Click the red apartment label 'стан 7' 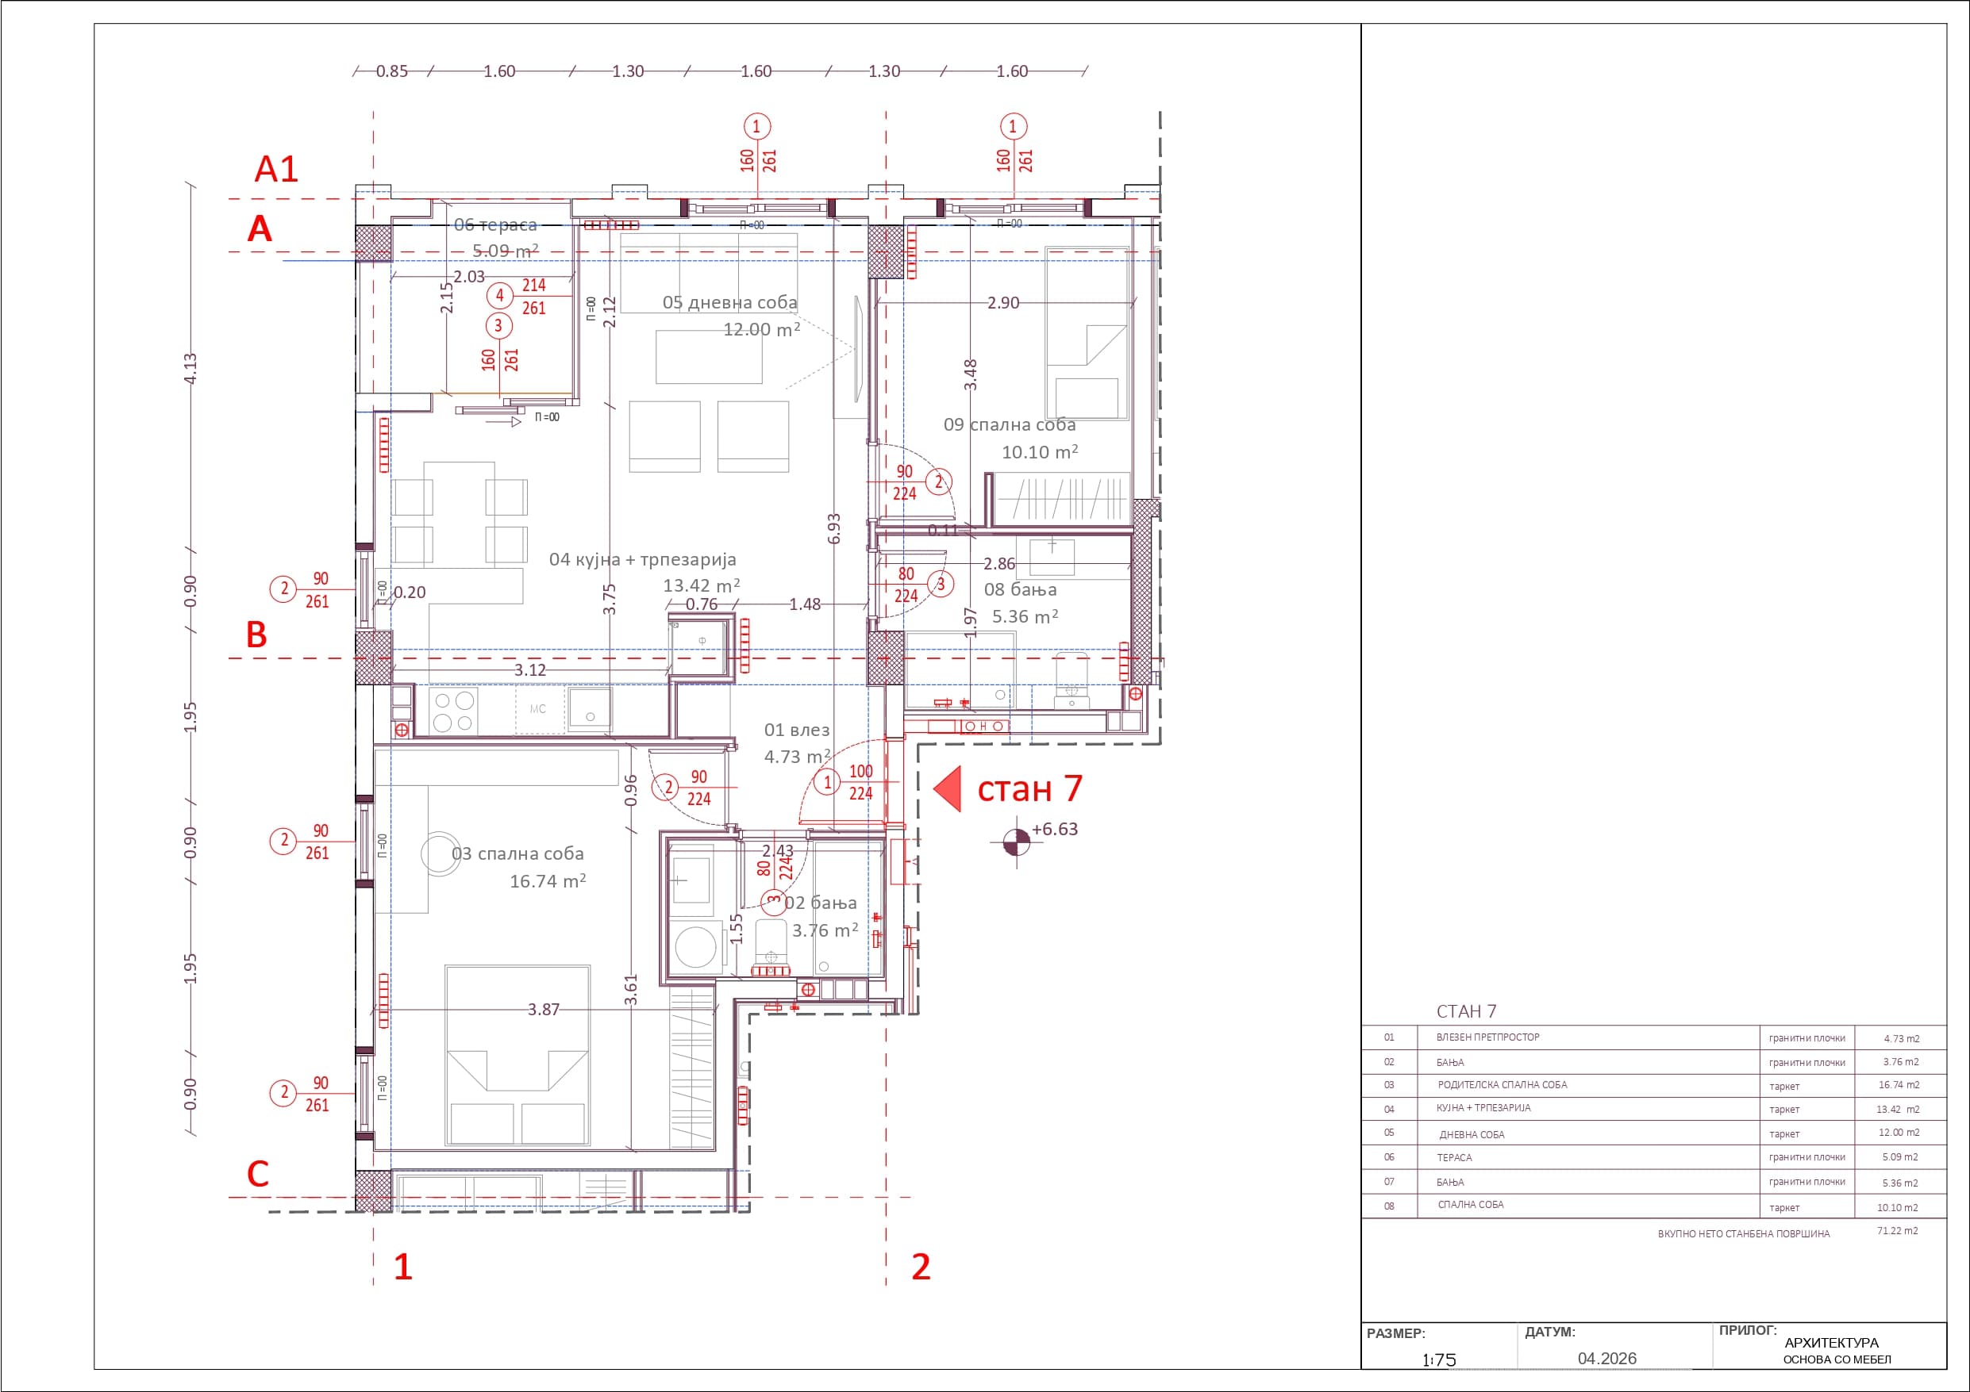coord(1029,788)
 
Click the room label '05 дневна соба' coord(729,302)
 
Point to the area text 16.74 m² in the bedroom coord(548,881)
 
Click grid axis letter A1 coord(276,169)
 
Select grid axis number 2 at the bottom coord(921,1266)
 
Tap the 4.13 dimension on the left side coord(190,368)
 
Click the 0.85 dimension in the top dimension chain coord(392,71)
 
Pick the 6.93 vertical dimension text coord(834,528)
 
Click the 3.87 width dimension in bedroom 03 coord(543,1010)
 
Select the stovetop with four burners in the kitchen coord(454,711)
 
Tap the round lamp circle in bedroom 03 coord(441,853)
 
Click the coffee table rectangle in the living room coord(709,356)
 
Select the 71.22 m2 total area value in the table coord(1897,1230)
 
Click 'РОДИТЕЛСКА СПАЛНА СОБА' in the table coord(1503,1085)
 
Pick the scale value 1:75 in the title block coord(1439,1359)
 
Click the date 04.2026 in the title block coord(1607,1359)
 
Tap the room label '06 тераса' coord(495,224)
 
